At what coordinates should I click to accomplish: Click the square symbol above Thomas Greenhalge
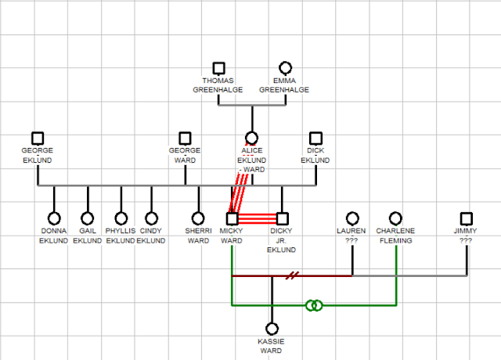218,69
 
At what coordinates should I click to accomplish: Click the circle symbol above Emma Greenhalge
285,69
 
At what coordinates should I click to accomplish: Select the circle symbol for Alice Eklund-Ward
251,138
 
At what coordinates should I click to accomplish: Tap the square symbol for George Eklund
38,138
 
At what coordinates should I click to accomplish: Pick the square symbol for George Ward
185,138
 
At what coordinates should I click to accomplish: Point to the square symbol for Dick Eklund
315,138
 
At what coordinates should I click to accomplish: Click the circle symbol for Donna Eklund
54,218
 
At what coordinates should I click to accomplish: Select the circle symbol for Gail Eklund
87,218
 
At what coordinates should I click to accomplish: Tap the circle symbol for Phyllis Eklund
121,218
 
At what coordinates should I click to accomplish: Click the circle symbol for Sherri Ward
198,218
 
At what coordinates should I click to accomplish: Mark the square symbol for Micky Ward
232,218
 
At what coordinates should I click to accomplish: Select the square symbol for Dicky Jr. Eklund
282,218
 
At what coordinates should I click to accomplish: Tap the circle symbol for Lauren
352,218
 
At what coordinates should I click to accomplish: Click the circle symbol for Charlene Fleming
395,218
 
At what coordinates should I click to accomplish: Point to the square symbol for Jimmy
467,218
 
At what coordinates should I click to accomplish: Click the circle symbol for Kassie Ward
272,329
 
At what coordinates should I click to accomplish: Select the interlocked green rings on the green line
313,304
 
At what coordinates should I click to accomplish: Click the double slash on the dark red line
291,275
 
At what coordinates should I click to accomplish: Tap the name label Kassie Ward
272,346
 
